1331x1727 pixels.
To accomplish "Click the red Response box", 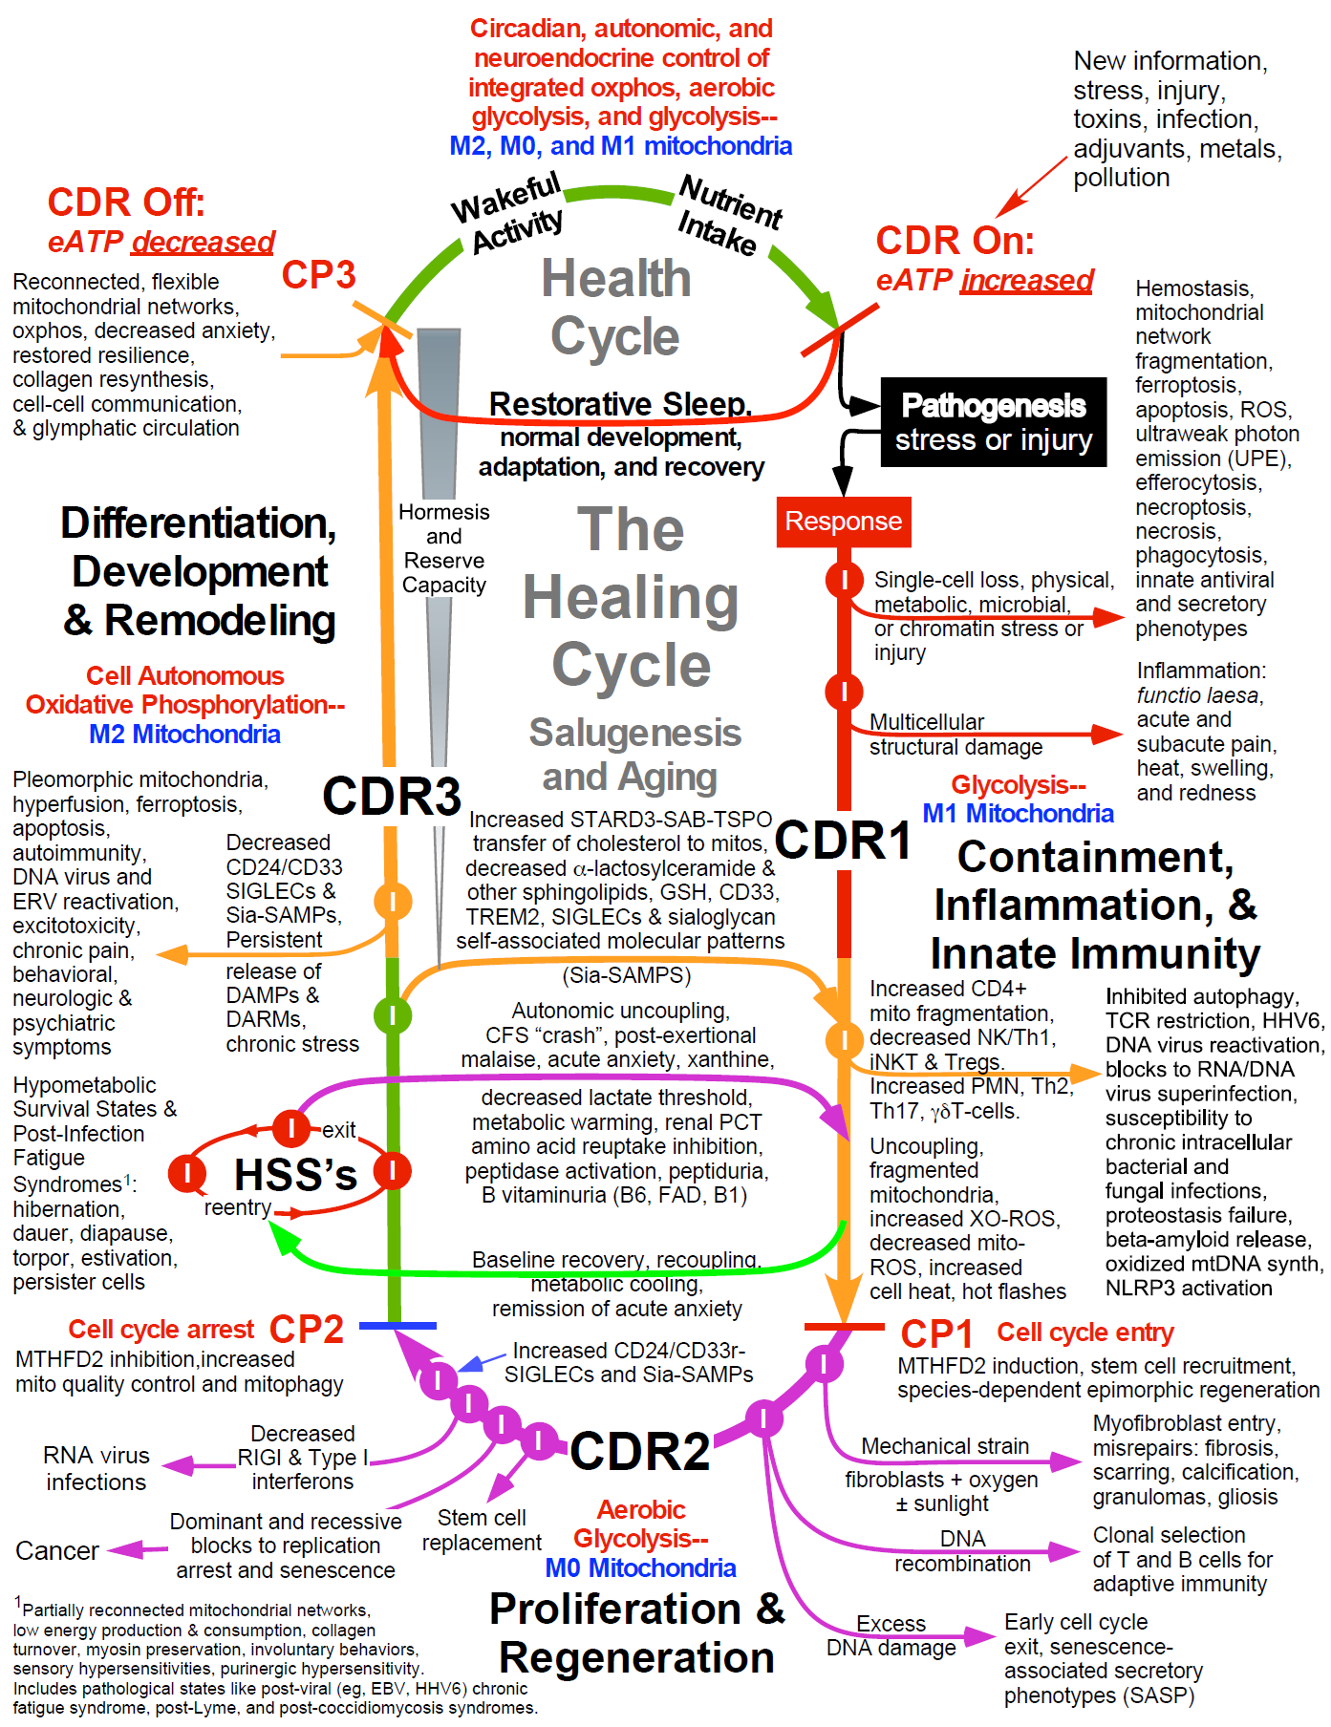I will (843, 522).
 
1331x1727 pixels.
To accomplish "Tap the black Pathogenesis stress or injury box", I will (993, 422).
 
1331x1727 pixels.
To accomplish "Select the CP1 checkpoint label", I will (936, 1334).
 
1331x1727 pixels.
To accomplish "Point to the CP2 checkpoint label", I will (306, 1329).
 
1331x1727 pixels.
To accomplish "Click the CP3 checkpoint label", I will (318, 275).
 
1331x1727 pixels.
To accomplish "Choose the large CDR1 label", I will (843, 841).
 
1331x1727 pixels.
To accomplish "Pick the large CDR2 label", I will (640, 1452).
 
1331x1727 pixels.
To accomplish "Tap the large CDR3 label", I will (392, 796).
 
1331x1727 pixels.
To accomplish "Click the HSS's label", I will (295, 1174).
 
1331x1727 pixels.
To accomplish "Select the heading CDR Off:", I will (126, 203).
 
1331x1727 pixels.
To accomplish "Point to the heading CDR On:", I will (955, 241).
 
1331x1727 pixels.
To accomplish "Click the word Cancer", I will (57, 1550).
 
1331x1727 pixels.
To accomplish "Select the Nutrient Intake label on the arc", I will (728, 216).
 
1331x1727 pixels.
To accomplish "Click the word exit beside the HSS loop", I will (338, 1131).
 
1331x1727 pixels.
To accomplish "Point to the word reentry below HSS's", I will (237, 1207).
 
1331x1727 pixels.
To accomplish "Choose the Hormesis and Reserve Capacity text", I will (443, 548).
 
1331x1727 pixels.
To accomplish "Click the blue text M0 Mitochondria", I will (640, 1567).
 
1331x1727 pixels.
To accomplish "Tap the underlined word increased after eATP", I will (1026, 280).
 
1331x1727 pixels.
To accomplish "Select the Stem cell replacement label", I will (482, 1529).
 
